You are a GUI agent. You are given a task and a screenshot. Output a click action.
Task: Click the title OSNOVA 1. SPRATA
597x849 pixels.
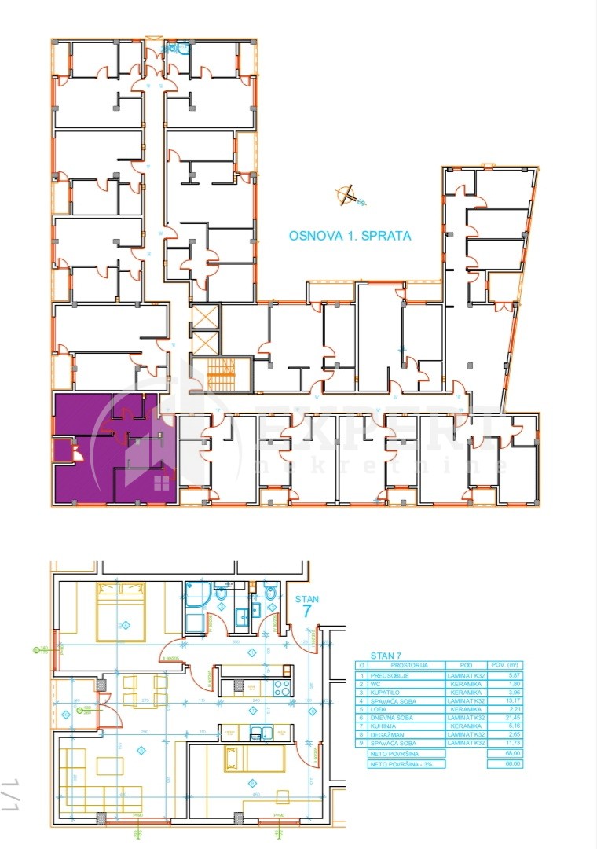pos(350,234)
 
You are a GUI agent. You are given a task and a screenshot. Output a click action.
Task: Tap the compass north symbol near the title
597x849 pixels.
pos(344,195)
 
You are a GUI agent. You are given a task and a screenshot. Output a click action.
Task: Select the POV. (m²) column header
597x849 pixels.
pos(504,665)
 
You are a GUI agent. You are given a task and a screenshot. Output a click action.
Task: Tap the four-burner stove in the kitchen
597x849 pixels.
pos(281,685)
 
